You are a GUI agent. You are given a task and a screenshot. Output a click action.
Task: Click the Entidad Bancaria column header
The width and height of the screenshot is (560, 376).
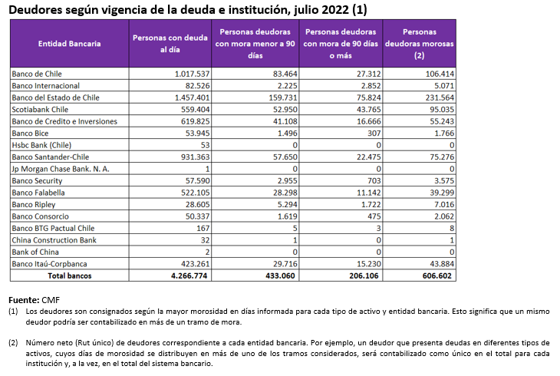(x=69, y=44)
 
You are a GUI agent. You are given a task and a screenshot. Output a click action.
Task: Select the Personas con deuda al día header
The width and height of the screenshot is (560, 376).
(x=170, y=44)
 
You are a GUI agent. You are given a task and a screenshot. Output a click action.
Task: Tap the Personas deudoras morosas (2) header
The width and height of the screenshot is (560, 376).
(x=420, y=44)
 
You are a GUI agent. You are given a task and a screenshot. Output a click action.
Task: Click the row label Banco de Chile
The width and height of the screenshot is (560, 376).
(x=37, y=74)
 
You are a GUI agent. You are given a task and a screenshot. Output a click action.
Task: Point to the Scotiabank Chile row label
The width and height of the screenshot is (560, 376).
(x=40, y=110)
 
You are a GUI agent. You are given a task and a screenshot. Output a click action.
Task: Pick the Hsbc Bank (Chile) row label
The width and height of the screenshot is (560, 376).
(x=41, y=145)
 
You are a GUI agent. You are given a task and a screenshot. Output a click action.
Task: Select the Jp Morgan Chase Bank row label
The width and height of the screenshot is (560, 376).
(x=61, y=169)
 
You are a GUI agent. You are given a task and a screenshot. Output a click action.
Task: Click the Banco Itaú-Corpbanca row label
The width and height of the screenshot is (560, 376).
(x=49, y=264)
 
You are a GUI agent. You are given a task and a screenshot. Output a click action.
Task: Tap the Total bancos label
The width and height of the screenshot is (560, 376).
(x=70, y=275)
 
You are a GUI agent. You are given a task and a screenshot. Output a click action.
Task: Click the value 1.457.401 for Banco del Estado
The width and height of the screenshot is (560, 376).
(x=192, y=97)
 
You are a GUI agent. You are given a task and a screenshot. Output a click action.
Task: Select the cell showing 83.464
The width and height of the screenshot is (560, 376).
(x=285, y=74)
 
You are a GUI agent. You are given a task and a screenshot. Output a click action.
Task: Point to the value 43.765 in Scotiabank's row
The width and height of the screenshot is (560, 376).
(x=369, y=110)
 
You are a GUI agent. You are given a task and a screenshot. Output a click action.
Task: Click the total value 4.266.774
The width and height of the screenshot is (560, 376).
(x=189, y=275)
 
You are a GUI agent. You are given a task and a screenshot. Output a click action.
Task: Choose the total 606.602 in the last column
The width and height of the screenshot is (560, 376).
(x=437, y=275)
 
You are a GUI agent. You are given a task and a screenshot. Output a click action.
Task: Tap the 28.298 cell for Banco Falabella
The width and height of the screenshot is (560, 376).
(x=285, y=193)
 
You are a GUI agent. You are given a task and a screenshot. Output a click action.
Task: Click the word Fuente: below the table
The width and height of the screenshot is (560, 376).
(x=24, y=300)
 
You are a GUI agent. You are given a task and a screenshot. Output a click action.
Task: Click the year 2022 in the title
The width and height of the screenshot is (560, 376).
(x=335, y=10)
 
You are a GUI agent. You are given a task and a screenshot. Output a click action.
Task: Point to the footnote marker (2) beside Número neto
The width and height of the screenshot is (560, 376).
(x=13, y=343)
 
